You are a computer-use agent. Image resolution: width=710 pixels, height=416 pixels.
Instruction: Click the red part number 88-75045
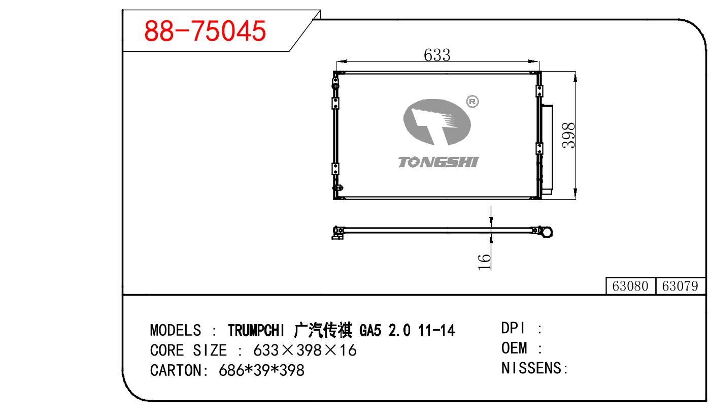point(205,31)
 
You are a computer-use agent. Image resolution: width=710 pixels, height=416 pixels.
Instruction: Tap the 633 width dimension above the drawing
point(437,55)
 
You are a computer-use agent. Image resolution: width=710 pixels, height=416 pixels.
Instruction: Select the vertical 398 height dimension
point(568,136)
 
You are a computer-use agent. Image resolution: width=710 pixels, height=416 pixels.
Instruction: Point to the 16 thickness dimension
point(484,262)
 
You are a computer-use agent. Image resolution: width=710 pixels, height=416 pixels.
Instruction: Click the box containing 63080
point(630,286)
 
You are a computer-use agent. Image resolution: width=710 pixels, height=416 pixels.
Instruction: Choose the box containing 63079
point(680,286)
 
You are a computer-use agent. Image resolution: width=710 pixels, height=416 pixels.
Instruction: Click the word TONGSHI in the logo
point(438,162)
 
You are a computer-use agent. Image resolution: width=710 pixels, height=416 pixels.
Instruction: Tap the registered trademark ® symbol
point(472,102)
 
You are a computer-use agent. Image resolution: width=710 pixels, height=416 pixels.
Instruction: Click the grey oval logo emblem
point(437,122)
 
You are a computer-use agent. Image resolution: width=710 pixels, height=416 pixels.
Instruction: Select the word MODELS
point(175,330)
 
